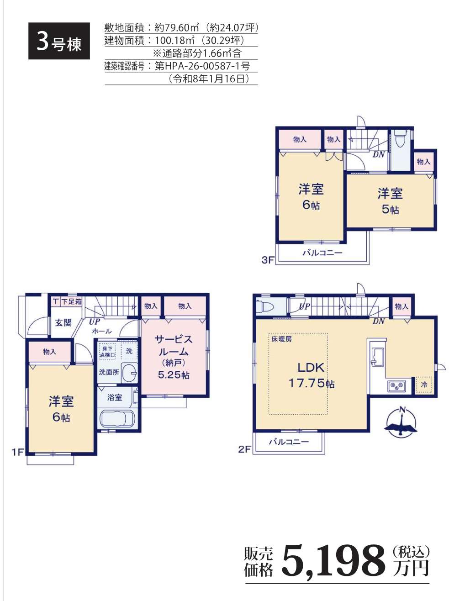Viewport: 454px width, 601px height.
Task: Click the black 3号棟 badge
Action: [59, 41]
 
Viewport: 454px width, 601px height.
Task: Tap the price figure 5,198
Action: [332, 559]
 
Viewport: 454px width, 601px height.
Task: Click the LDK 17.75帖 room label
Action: [311, 375]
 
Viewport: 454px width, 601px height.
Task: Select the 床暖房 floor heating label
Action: [281, 339]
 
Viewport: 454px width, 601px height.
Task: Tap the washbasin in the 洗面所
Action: [129, 373]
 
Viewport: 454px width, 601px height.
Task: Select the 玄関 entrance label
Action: [63, 323]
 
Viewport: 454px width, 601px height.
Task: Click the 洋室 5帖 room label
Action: [390, 201]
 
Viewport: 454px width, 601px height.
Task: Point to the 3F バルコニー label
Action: [322, 253]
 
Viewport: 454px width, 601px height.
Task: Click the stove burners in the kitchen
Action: [397, 386]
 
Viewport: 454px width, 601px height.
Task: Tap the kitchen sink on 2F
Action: [378, 356]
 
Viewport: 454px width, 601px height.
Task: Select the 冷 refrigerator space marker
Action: [424, 385]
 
